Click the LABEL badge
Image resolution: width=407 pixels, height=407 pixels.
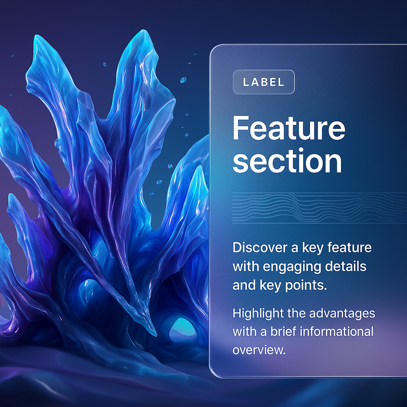tap(264, 82)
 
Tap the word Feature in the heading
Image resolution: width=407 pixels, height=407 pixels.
tap(289, 128)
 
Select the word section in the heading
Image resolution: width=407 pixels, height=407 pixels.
tap(287, 161)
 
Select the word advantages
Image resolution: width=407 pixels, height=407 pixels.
tap(342, 314)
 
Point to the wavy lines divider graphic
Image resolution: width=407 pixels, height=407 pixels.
tap(319, 207)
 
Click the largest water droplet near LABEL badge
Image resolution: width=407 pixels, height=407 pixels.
tap(183, 79)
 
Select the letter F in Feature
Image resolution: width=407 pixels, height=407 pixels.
tap(240, 128)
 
